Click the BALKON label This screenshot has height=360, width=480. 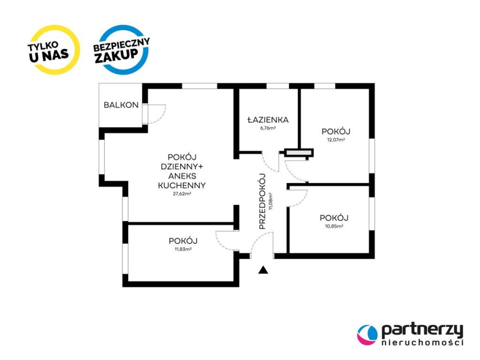pos(121,105)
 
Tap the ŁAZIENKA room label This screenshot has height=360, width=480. pos(268,120)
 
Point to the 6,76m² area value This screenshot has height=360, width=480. pos(268,128)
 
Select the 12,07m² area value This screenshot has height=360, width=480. pos(336,140)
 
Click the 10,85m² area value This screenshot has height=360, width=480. pos(334,226)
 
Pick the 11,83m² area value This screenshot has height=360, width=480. pos(183,249)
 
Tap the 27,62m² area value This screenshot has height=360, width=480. pos(182,193)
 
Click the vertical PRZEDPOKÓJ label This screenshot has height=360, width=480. pos(262,201)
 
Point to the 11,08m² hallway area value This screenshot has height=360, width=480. pos(271,201)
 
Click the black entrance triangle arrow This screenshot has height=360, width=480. pos(263,270)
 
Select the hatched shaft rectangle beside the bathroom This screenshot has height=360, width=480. pos(299,153)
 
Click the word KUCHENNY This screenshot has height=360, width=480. pos(182,185)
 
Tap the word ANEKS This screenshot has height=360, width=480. pos(182,176)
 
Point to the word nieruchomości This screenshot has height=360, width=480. pos(423,342)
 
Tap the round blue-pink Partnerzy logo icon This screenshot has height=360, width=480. pos(367,335)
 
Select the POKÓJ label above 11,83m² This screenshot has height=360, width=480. pos(183,241)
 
